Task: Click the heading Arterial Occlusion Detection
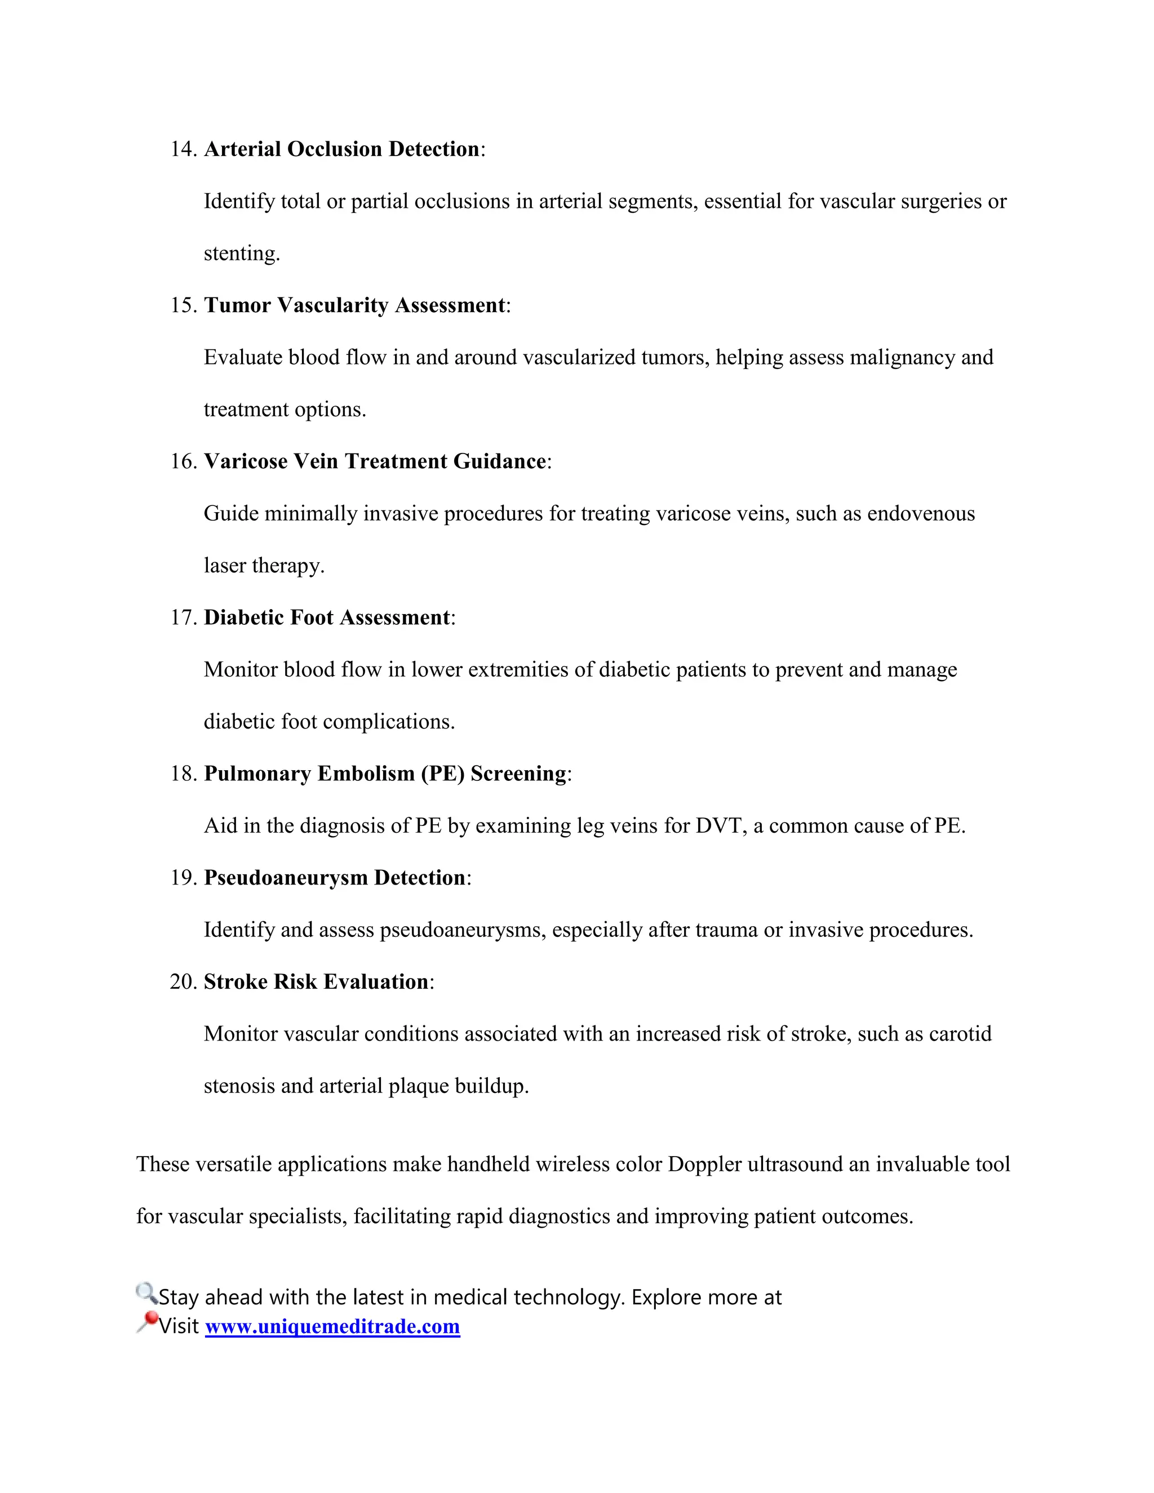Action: [x=342, y=149]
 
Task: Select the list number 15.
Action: [x=183, y=305]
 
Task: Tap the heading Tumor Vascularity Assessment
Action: [x=354, y=305]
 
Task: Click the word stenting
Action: [x=241, y=254]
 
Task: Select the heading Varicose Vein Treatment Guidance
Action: [x=375, y=461]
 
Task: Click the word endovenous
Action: [x=920, y=513]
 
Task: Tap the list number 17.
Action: [x=183, y=617]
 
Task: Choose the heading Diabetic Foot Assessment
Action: [x=327, y=617]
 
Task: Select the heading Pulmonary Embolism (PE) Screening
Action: [x=385, y=773]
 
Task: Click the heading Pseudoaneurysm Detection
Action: [x=334, y=878]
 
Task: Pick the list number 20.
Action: [x=183, y=981]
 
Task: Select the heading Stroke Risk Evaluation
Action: [x=316, y=981]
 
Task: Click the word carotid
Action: [x=961, y=1034]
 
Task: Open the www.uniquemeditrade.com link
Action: [x=332, y=1327]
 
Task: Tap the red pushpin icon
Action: [x=147, y=1322]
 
